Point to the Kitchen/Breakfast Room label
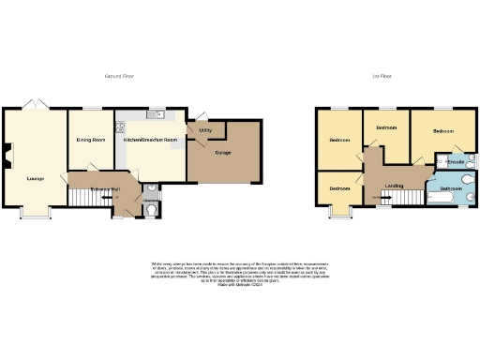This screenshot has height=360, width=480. pyautogui.click(x=151, y=141)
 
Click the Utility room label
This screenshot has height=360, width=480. pyautogui.click(x=204, y=130)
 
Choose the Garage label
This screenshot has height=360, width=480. pyautogui.click(x=223, y=151)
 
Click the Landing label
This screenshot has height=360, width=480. pyautogui.click(x=395, y=187)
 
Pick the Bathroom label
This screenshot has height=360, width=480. pyautogui.click(x=452, y=188)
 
